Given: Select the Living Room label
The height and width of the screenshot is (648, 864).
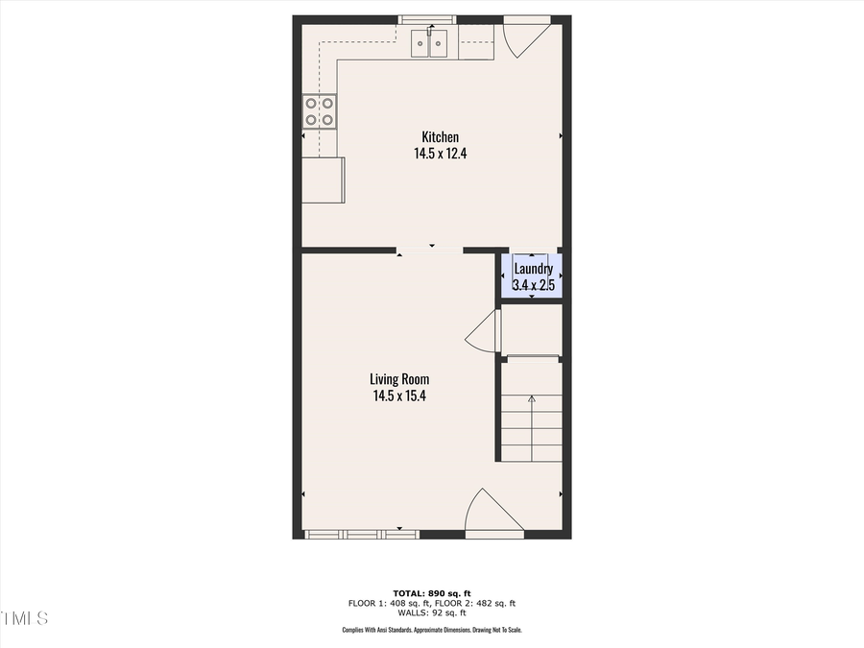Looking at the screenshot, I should [x=400, y=379].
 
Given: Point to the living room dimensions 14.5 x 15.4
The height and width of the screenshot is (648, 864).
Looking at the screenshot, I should [x=400, y=395].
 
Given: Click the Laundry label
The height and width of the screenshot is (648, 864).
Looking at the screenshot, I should [x=533, y=269].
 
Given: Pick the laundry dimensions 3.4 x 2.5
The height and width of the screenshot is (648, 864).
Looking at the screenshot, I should [x=534, y=285].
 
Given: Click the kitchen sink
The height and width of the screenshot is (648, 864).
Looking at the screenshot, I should [x=429, y=43].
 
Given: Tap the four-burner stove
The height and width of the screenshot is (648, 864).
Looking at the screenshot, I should [x=320, y=111].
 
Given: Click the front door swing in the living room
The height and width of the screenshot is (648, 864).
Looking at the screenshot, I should [x=492, y=512].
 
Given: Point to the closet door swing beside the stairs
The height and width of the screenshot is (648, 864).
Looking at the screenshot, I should [x=482, y=333].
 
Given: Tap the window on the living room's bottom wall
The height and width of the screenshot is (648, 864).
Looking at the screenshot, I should [x=361, y=534].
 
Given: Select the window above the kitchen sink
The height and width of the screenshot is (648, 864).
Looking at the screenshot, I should [x=429, y=18].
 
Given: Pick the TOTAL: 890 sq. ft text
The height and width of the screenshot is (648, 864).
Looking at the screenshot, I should [x=431, y=592].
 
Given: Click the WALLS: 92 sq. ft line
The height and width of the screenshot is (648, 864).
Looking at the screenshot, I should [x=431, y=612].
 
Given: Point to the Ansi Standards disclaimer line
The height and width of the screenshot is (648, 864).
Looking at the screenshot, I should [x=431, y=630].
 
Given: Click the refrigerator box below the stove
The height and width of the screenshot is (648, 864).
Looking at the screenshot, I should [x=324, y=180].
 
